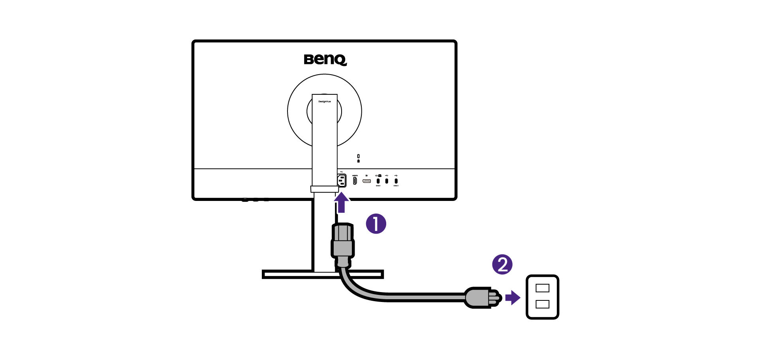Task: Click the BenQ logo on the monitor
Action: click(x=325, y=60)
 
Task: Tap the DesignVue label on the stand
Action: click(x=325, y=101)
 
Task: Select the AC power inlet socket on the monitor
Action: click(x=342, y=181)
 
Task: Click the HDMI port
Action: click(x=355, y=181)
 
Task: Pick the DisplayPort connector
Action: click(x=367, y=181)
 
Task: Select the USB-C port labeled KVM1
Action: click(x=378, y=181)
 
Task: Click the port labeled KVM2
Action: click(x=396, y=181)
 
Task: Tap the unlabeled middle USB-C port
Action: click(x=387, y=181)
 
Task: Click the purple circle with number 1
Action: click(x=376, y=224)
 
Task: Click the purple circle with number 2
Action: click(x=502, y=264)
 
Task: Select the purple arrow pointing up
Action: click(x=341, y=202)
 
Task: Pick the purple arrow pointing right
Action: click(x=513, y=298)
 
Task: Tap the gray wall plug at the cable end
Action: click(x=479, y=298)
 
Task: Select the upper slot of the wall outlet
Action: click(x=542, y=288)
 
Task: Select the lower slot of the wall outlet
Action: click(x=542, y=304)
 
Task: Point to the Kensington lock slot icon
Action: click(x=358, y=158)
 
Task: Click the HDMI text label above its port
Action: click(x=355, y=175)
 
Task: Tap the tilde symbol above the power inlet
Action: click(x=341, y=172)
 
